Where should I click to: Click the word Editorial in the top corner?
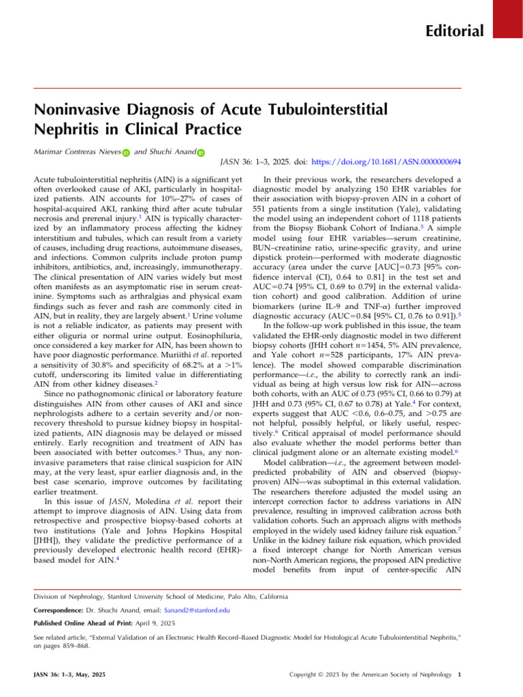coord(455,31)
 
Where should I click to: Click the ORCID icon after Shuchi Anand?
coord(202,156)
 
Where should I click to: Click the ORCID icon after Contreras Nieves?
coord(126,156)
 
